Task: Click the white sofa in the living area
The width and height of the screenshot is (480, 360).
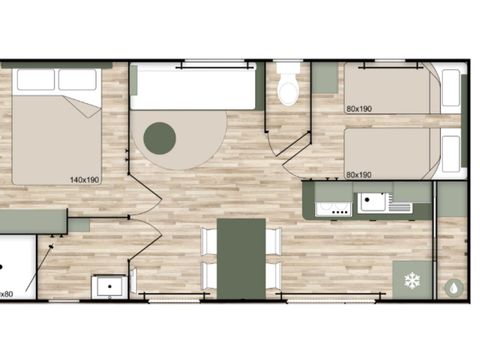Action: tap(194, 87)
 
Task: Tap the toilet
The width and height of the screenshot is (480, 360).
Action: tap(288, 88)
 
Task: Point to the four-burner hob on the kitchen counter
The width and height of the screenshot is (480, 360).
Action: tap(332, 208)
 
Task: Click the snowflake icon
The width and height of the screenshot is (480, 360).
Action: tap(411, 280)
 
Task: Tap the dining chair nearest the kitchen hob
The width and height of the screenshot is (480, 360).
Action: tap(274, 240)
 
